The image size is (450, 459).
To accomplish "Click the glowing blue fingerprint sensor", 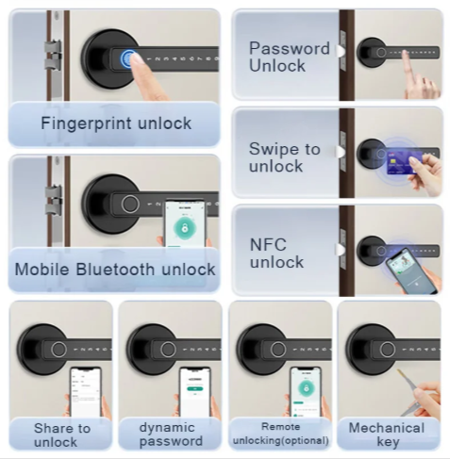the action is pyautogui.click(x=127, y=58).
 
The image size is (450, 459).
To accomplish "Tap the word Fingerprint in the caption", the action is pyautogui.click(x=87, y=123).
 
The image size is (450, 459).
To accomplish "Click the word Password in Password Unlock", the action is pyautogui.click(x=290, y=48).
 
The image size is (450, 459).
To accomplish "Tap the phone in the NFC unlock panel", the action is pyautogui.click(x=410, y=270).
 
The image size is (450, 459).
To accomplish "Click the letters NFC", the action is pyautogui.click(x=268, y=245).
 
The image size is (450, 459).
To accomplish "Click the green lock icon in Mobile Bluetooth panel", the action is pyautogui.click(x=185, y=227).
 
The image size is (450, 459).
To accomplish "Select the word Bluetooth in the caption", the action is pyautogui.click(x=115, y=270).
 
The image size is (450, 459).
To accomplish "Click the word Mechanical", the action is pyautogui.click(x=387, y=428).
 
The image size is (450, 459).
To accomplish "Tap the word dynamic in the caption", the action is pyautogui.click(x=167, y=428).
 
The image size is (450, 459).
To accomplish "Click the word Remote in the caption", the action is pyautogui.click(x=280, y=427).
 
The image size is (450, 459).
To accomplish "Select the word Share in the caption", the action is pyautogui.click(x=51, y=428).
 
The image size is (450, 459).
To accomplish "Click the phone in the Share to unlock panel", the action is pyautogui.click(x=85, y=392).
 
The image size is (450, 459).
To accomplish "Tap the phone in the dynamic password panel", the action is pyautogui.click(x=194, y=392).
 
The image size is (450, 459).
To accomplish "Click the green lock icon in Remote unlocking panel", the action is pyautogui.click(x=305, y=388).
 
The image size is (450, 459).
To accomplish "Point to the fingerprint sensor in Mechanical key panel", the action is pyautogui.click(x=387, y=349).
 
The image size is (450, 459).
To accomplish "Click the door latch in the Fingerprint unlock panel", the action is pyautogui.click(x=54, y=56).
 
